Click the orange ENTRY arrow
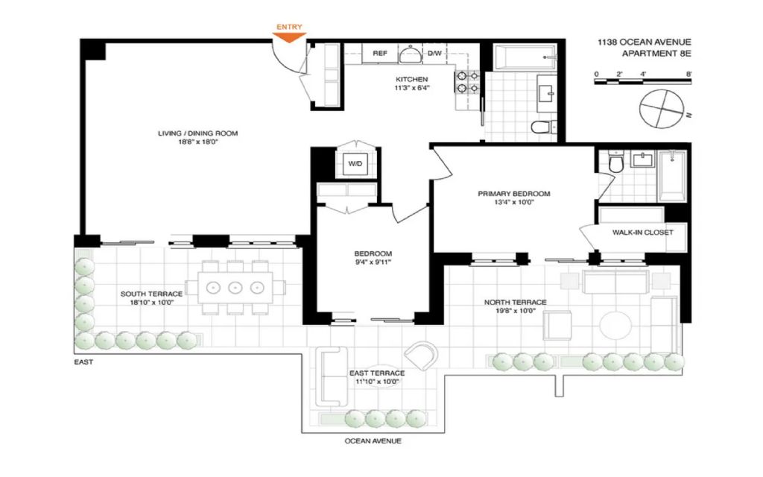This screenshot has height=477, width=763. click(x=289, y=37)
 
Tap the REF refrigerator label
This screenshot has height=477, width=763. click(x=379, y=53)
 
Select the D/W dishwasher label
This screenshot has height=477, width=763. click(x=434, y=53)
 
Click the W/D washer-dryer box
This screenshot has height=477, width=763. click(x=355, y=164)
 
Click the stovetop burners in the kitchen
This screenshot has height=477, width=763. click(x=467, y=82)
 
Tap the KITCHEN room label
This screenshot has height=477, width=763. click(x=411, y=79)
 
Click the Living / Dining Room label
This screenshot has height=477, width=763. click(x=197, y=133)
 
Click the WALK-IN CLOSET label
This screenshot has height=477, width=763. click(x=643, y=233)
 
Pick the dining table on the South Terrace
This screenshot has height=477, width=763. click(x=235, y=288)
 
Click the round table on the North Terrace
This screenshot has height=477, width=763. click(x=615, y=325)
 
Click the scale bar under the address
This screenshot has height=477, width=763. click(x=643, y=81)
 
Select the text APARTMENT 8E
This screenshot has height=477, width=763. click(x=656, y=54)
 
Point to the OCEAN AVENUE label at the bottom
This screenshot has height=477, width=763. click(x=373, y=441)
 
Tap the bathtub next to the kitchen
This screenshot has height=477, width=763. click(x=525, y=57)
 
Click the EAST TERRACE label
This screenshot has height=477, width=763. click(x=377, y=373)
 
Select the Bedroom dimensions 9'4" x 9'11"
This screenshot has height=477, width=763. click(x=373, y=262)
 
